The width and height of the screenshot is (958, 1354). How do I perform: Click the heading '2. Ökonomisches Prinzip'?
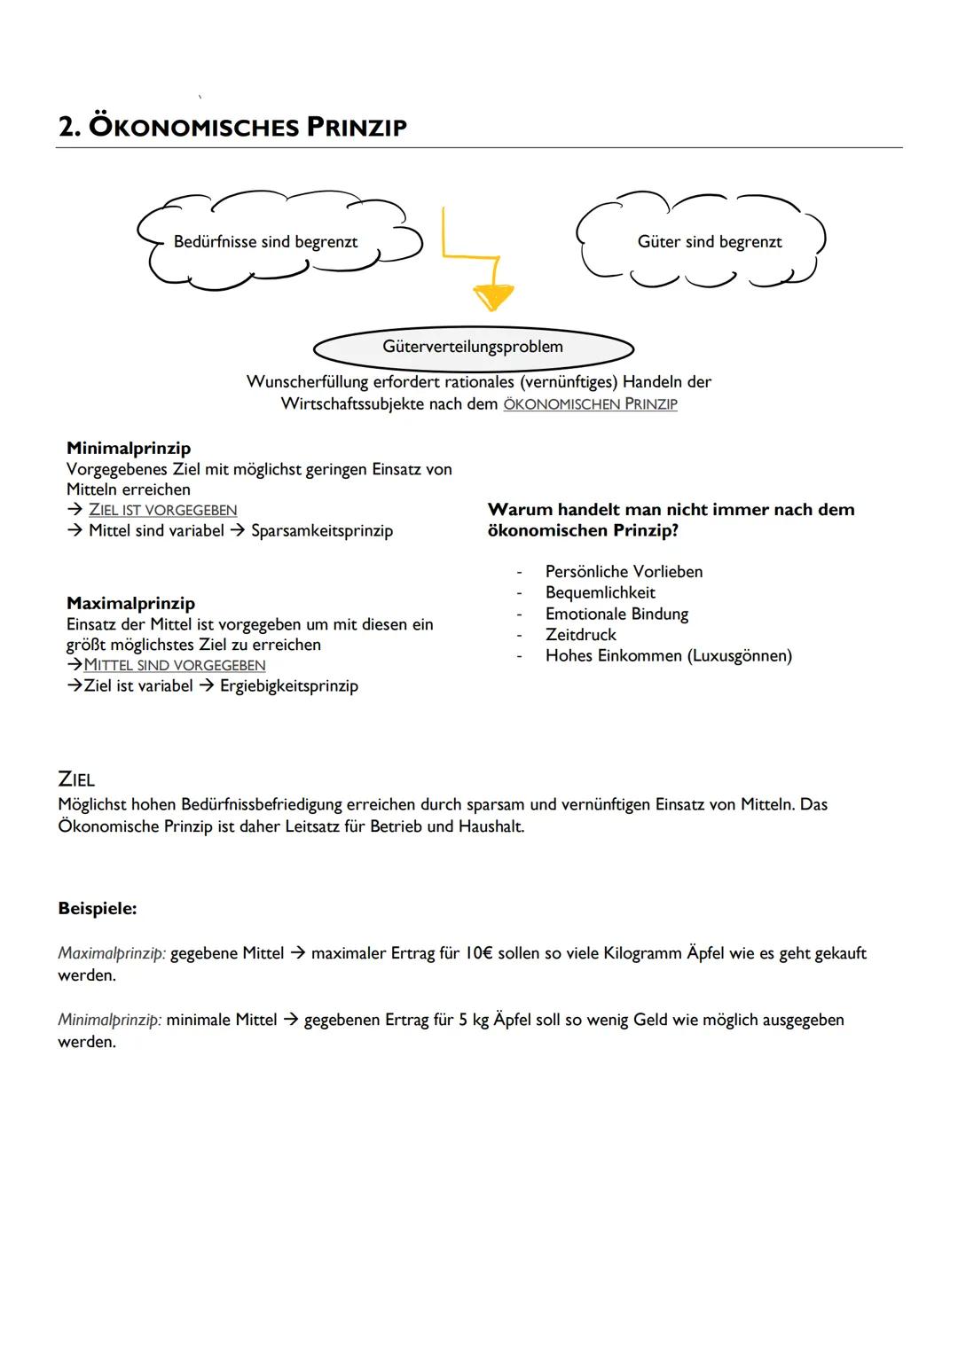(x=232, y=127)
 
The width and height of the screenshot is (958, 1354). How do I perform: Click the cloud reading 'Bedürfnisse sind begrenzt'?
(x=266, y=242)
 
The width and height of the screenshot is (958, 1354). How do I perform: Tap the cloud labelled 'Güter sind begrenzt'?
(x=710, y=242)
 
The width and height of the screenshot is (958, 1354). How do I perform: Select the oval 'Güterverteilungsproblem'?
(x=473, y=347)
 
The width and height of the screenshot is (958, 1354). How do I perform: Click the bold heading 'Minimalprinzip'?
(x=129, y=448)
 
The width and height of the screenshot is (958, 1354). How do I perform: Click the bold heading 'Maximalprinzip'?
(x=130, y=603)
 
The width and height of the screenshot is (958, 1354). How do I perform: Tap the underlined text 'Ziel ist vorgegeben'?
(x=163, y=510)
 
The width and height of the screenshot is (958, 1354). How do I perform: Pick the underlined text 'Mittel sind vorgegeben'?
(x=175, y=665)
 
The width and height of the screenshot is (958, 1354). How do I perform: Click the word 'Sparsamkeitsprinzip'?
(x=322, y=530)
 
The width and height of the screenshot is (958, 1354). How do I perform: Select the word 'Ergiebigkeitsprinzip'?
(x=289, y=685)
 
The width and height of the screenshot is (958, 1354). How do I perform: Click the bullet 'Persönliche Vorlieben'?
(x=624, y=572)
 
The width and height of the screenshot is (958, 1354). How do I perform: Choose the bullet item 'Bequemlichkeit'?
(x=601, y=592)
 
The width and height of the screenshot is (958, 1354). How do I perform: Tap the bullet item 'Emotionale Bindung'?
(x=616, y=614)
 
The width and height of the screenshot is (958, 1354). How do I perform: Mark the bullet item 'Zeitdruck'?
(x=581, y=635)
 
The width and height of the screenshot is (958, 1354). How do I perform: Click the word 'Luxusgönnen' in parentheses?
(x=741, y=656)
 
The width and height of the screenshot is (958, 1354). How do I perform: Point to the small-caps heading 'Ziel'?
(x=76, y=779)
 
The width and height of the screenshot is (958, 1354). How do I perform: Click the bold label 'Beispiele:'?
(x=98, y=908)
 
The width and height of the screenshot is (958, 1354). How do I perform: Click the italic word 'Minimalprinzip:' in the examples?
(x=110, y=1020)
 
